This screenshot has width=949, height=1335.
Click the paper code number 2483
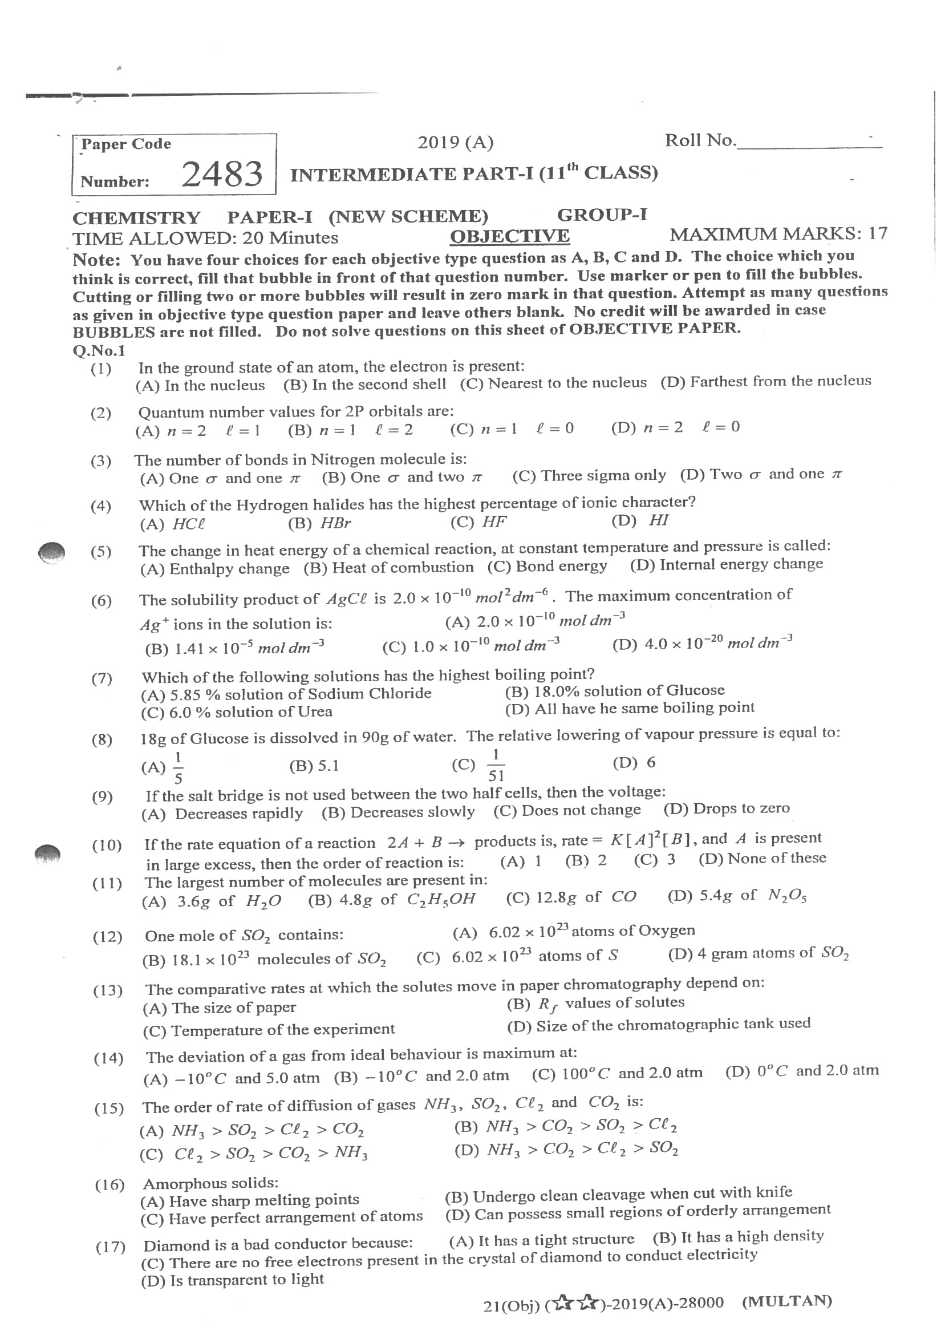tap(221, 175)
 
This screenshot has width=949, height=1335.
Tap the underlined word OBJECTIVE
tap(509, 236)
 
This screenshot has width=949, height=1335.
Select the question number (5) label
tap(100, 551)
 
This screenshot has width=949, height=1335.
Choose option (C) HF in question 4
tap(478, 521)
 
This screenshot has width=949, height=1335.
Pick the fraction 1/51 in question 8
tap(496, 765)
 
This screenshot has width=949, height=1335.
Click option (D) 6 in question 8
tap(634, 762)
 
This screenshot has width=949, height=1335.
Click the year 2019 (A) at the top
tap(455, 142)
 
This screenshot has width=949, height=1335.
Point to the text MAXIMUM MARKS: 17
tap(778, 234)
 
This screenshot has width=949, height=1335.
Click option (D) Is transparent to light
tap(232, 1280)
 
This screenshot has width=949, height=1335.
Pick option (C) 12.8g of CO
tap(571, 898)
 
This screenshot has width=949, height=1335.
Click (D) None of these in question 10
tap(762, 858)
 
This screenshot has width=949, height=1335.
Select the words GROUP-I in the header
tap(602, 215)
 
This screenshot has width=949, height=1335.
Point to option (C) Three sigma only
tap(589, 476)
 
